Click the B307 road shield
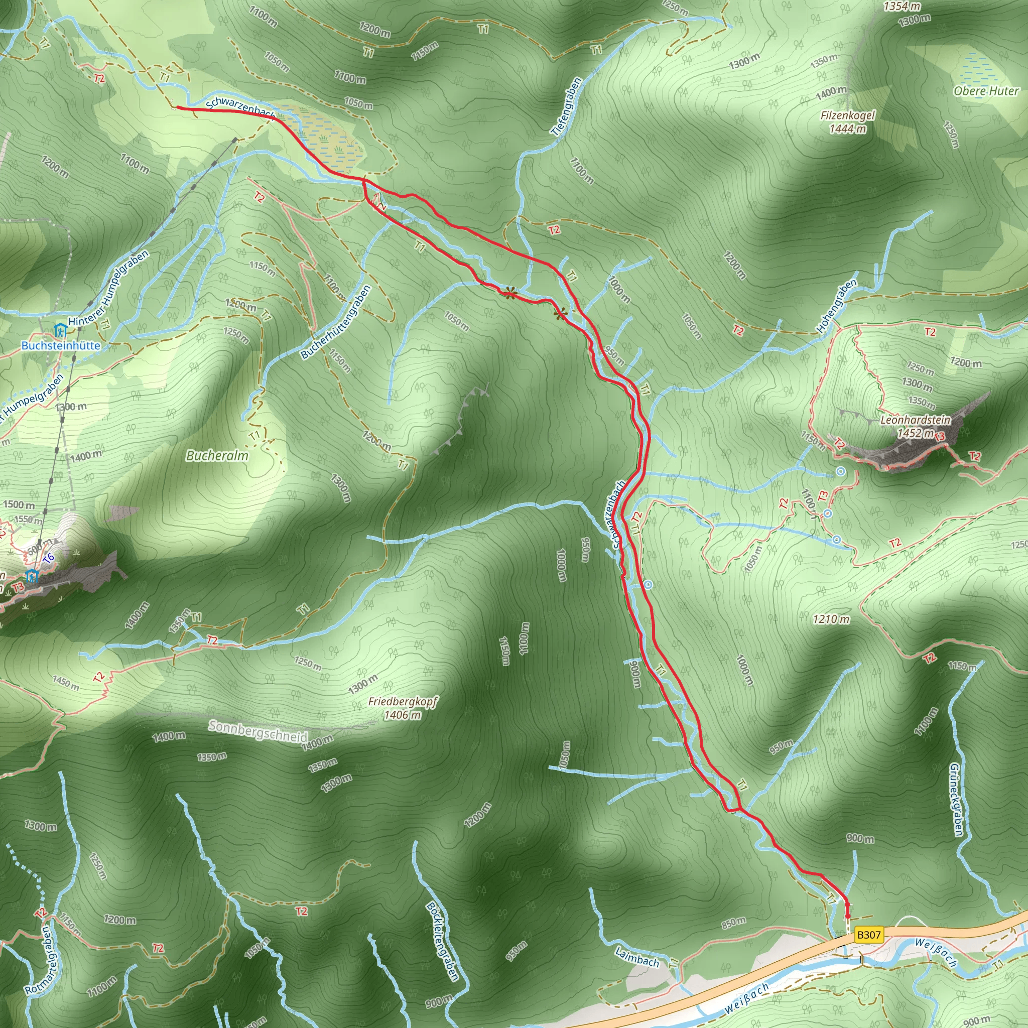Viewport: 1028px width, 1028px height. (x=869, y=934)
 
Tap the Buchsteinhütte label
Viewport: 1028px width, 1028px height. (x=61, y=345)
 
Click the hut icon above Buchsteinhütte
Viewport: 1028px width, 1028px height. (x=60, y=331)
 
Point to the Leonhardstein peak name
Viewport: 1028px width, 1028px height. (x=915, y=420)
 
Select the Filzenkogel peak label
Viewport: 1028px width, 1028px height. (x=848, y=115)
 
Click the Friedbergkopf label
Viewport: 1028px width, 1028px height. (x=402, y=702)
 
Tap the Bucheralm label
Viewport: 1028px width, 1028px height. (x=217, y=455)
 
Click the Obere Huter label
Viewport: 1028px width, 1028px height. (x=986, y=91)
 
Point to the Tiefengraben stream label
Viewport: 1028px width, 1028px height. (x=567, y=107)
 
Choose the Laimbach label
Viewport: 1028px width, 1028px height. (x=637, y=957)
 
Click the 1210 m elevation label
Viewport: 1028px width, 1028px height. (x=831, y=619)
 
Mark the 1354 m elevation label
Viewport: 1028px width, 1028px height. (x=902, y=7)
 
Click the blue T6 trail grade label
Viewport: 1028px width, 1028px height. (x=48, y=558)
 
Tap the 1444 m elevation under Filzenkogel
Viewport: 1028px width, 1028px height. (x=848, y=129)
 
